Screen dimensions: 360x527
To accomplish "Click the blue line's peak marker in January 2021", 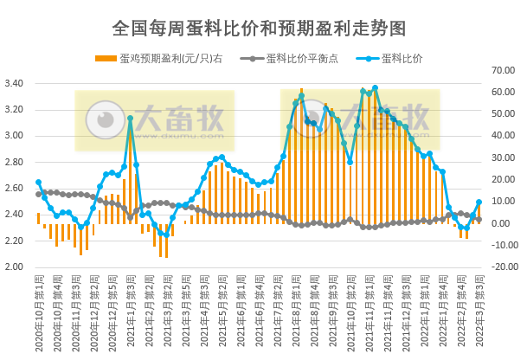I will pos(130,119).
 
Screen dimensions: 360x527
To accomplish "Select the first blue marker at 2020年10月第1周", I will pos(38,183).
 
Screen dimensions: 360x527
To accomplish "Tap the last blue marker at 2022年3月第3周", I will pos(479,202).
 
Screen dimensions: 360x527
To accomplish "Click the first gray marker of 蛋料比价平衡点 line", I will pos(38,194).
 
